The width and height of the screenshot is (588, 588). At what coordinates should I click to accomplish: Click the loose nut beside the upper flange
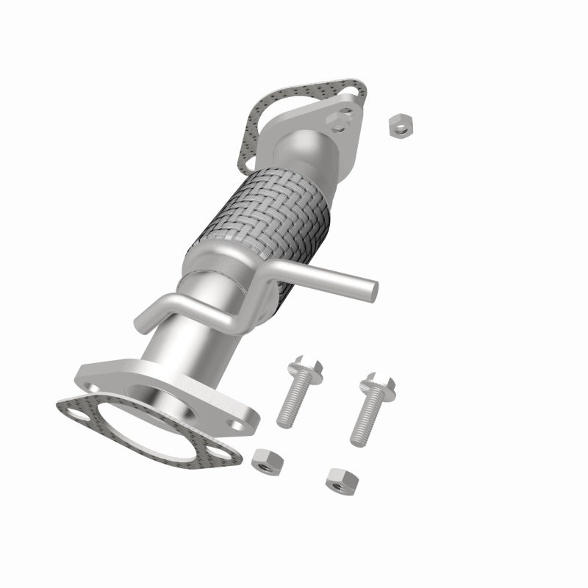point(400,126)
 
